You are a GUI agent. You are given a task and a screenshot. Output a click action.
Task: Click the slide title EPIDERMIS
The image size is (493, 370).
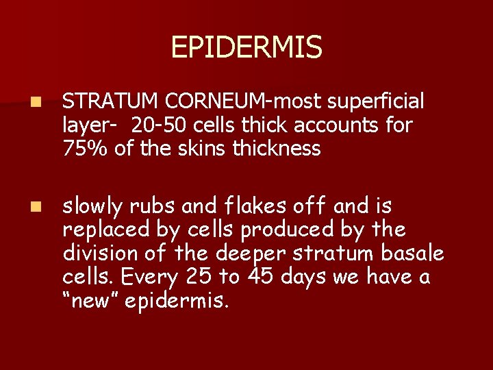(246, 47)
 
